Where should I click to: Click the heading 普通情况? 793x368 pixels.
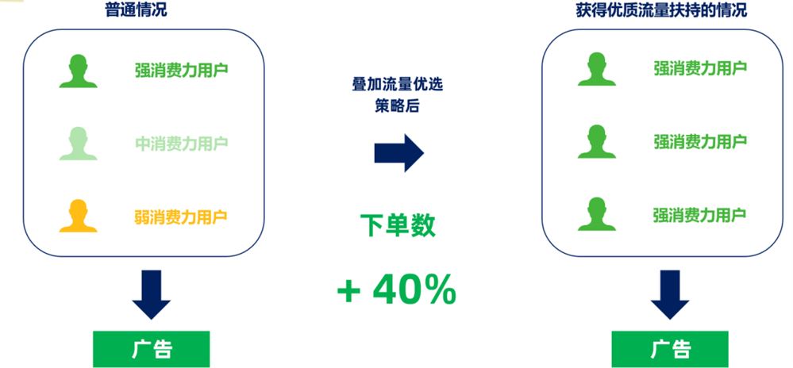(136, 10)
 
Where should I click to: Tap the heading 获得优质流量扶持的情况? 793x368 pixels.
(661, 10)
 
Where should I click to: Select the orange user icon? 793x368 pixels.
(79, 216)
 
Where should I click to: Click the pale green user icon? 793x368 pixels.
(79, 144)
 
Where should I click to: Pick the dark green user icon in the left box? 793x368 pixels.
(79, 71)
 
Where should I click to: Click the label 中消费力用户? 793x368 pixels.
(182, 144)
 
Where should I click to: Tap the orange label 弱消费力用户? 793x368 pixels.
(180, 217)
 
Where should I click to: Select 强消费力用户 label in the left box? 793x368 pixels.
(182, 70)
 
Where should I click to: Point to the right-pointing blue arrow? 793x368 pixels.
(399, 152)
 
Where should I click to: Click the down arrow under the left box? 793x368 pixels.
(151, 295)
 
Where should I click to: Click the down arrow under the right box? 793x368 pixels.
(670, 295)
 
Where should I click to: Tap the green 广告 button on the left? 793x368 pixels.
(151, 349)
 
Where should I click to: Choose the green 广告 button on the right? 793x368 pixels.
(670, 349)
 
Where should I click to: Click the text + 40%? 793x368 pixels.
(397, 289)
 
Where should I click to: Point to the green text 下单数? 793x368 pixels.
(398, 225)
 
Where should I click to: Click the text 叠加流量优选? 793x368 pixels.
(398, 84)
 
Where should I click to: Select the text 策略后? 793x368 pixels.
(397, 105)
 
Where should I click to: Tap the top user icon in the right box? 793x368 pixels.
(597, 69)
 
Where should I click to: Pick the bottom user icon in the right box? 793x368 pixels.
(597, 214)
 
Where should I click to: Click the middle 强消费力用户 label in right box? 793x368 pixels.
(700, 141)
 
